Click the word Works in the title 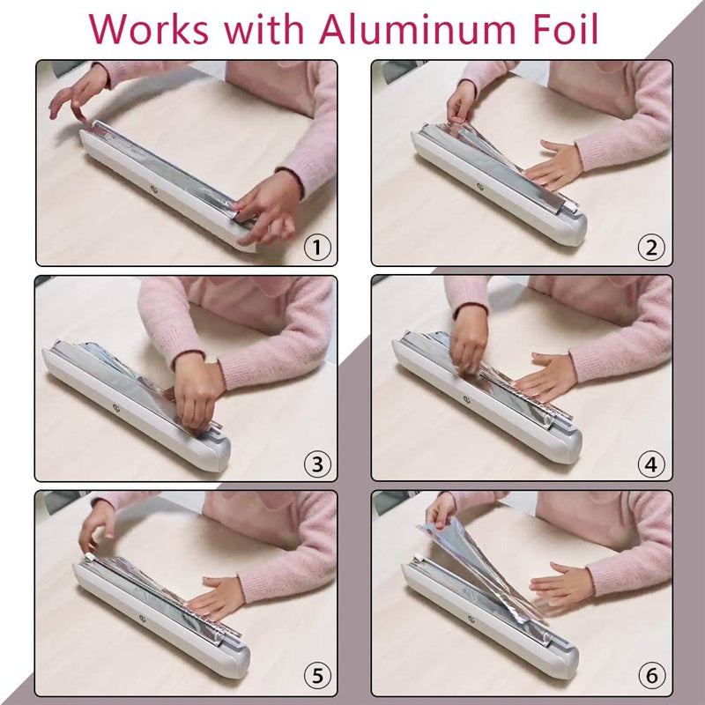coord(148,29)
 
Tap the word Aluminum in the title coord(417,29)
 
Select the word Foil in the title coord(565,29)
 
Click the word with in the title coord(263,29)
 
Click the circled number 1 coord(317,247)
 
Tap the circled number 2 coord(651,247)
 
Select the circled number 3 coord(317,464)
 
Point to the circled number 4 coord(651,464)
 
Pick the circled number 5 coord(317,675)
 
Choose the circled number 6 coord(651,675)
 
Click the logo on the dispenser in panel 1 coord(154,189)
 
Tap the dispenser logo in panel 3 coord(117,407)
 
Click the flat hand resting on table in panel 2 coord(554,166)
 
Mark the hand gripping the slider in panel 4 coord(469,340)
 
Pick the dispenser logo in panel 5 coord(143,620)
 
